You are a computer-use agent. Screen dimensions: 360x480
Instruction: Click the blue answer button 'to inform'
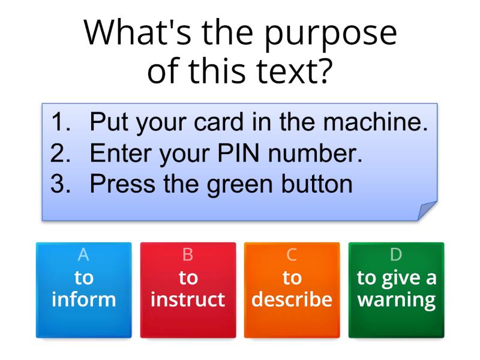(83, 289)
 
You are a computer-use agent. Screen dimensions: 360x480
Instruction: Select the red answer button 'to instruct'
(188, 289)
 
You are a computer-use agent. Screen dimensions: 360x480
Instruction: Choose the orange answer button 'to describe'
(292, 289)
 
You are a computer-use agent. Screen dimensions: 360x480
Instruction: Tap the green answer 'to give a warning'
(396, 289)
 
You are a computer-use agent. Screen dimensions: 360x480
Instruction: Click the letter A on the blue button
(83, 255)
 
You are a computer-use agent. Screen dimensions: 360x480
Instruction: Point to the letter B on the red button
(188, 255)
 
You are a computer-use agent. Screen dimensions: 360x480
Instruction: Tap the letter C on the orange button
(292, 255)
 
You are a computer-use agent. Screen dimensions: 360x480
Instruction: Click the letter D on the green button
(396, 255)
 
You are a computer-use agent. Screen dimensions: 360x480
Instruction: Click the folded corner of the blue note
(428, 211)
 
